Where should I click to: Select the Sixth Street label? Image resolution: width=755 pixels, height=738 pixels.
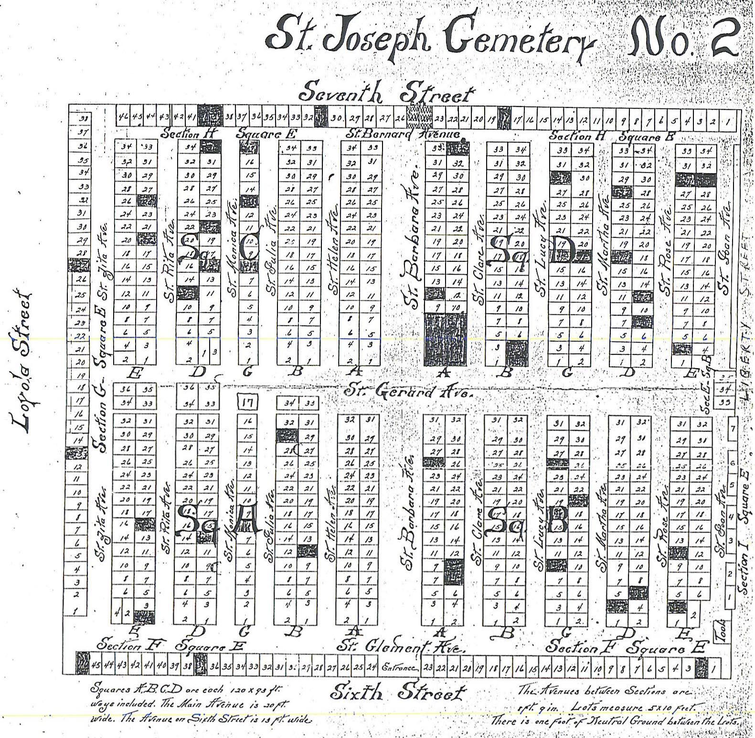(x=398, y=692)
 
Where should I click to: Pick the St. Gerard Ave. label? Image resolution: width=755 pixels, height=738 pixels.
(x=408, y=392)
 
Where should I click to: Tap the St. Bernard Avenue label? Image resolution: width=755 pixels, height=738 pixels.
(x=404, y=133)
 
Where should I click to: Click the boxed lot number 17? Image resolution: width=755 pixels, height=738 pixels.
(x=247, y=403)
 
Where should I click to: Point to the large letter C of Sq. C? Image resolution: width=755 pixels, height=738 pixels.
(x=248, y=248)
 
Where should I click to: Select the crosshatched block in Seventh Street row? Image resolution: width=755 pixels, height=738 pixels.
(x=421, y=116)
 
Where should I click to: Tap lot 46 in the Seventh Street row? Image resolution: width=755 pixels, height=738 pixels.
(x=123, y=116)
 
